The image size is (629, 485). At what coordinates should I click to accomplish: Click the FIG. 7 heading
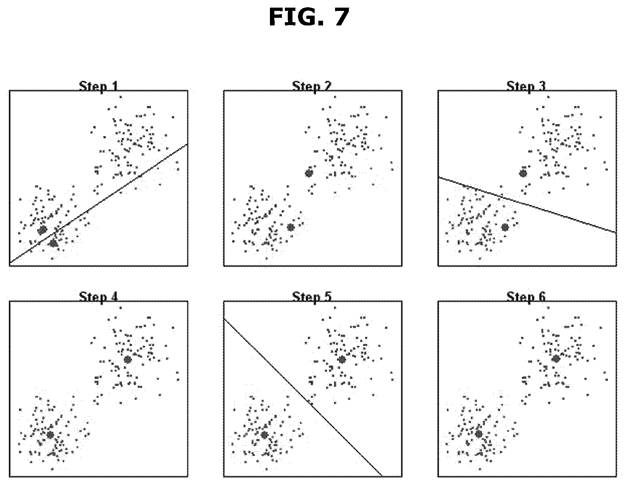point(309,17)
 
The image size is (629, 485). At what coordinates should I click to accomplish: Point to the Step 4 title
point(99,297)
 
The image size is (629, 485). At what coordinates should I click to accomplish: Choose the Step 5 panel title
point(312,297)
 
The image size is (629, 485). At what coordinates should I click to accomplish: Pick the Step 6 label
point(526,297)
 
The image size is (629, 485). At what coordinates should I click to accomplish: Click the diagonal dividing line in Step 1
point(99,203)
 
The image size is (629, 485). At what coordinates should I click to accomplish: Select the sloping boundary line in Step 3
point(527,205)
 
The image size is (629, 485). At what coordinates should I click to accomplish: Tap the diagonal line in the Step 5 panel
point(303,397)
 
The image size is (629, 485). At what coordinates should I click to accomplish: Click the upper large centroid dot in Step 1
point(43,230)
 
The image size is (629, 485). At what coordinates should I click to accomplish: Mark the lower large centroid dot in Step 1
point(53,243)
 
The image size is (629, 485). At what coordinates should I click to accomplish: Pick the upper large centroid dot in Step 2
point(309,173)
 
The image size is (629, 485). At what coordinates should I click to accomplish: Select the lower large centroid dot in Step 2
point(290,227)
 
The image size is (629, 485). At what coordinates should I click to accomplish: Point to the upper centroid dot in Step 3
point(523,173)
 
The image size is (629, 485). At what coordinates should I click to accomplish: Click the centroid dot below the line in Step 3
point(505,227)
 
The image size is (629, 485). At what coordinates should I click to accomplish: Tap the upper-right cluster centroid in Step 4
point(127,360)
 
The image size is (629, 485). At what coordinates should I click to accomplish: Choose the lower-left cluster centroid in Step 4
point(50,435)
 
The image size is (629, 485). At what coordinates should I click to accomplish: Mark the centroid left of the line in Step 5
point(264,435)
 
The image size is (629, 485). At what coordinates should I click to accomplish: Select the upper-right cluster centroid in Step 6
point(556,359)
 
